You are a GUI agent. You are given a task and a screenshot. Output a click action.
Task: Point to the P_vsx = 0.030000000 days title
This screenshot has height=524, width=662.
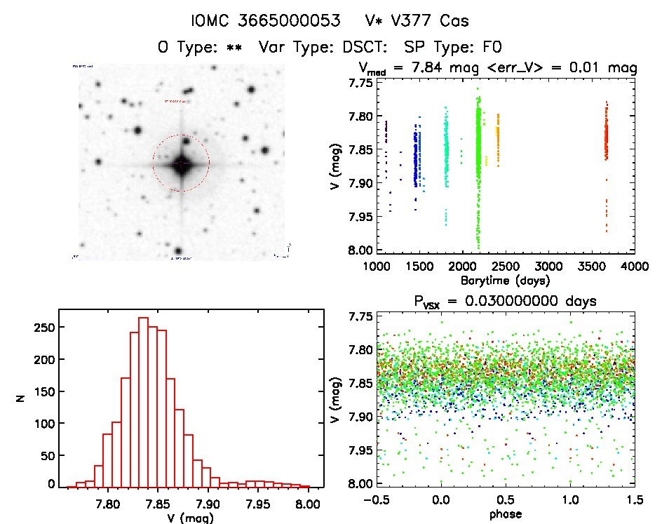506,302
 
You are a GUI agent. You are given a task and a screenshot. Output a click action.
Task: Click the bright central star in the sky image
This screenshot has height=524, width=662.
181,163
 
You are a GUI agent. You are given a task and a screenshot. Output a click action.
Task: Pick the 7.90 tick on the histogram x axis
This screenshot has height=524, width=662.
208,503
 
